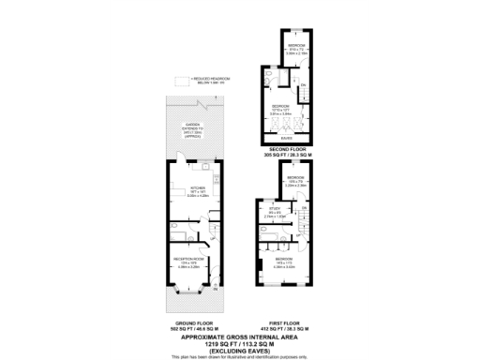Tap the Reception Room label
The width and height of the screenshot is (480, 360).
point(187,262)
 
